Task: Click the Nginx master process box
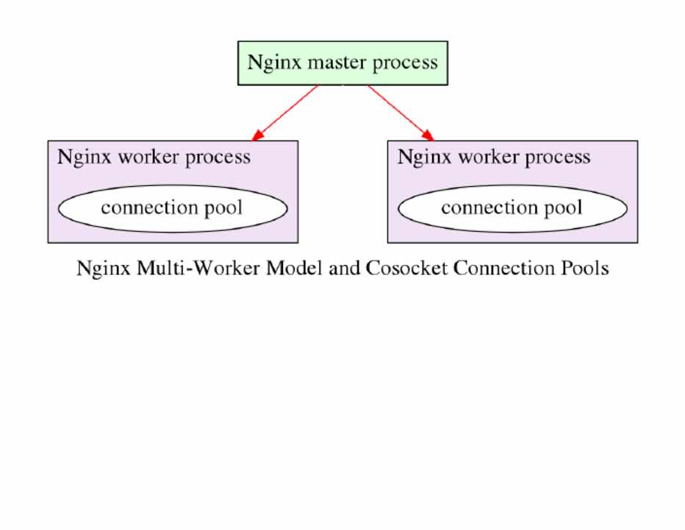tap(342, 63)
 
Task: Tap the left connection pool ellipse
tap(172, 208)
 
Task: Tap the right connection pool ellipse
tap(512, 208)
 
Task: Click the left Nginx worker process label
tap(154, 157)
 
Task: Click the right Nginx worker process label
tap(494, 157)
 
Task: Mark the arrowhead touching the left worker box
tap(257, 135)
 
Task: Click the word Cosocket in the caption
tap(405, 268)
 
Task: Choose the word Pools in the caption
tap(584, 268)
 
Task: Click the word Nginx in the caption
tap(102, 268)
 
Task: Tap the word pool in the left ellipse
tap(221, 208)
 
